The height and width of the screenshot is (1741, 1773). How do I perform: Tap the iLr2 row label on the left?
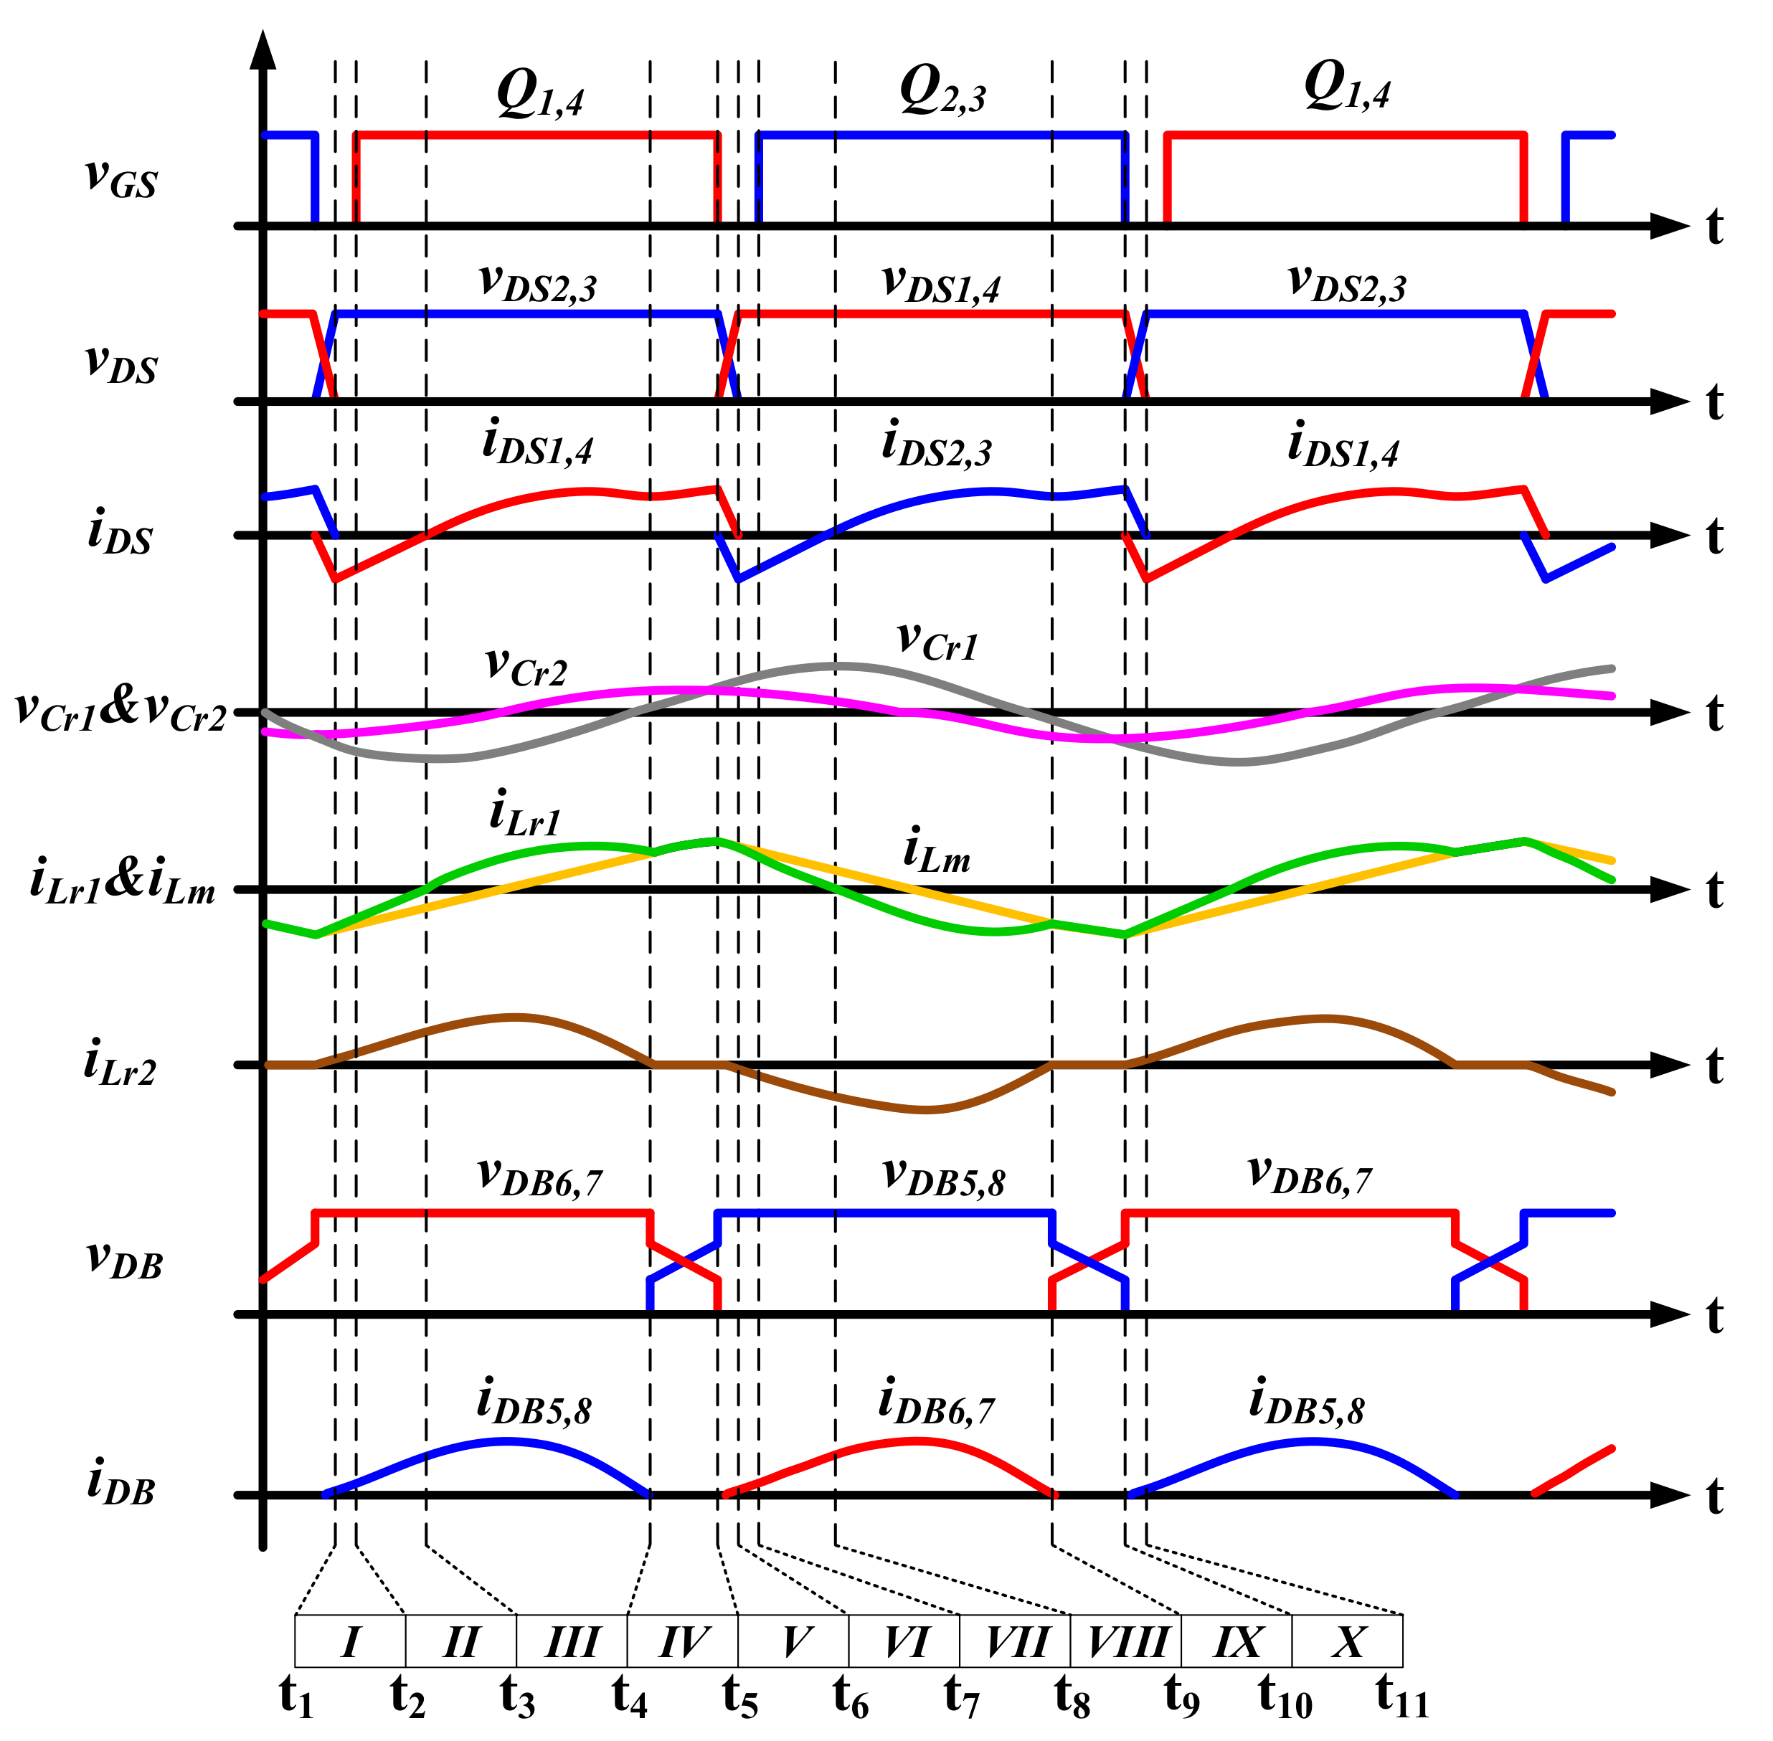point(120,1066)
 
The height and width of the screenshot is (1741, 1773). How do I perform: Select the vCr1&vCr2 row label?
point(120,711)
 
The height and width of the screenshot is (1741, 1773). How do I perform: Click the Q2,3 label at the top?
point(942,92)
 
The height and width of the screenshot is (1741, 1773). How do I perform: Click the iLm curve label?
point(935,850)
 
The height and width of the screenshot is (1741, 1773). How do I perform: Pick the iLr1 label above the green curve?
point(525,814)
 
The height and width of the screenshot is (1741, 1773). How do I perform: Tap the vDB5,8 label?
point(944,1177)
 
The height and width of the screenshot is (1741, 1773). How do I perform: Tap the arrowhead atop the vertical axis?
point(263,50)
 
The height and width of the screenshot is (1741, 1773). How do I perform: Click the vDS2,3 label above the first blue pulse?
point(538,283)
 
